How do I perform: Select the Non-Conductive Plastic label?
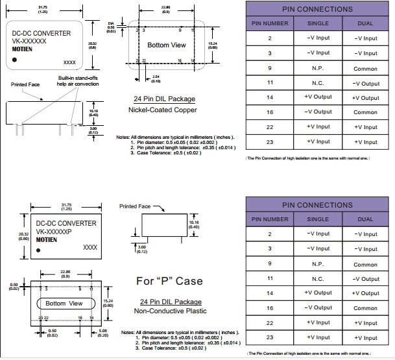click(x=171, y=311)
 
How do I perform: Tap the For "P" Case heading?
click(x=169, y=282)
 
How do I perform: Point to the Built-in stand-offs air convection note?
click(x=78, y=80)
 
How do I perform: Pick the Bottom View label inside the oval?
click(x=64, y=304)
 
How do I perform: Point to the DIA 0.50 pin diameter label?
click(x=111, y=27)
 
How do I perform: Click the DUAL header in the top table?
click(x=365, y=23)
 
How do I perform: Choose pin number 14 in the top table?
click(x=269, y=97)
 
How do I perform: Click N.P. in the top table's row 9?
click(x=318, y=68)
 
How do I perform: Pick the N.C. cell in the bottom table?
click(x=318, y=279)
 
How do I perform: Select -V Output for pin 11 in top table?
click(x=365, y=83)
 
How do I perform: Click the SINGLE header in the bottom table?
click(x=318, y=219)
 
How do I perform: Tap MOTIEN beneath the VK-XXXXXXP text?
click(x=47, y=239)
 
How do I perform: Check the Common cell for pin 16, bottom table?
click(x=365, y=308)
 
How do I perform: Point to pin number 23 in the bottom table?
click(x=269, y=337)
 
